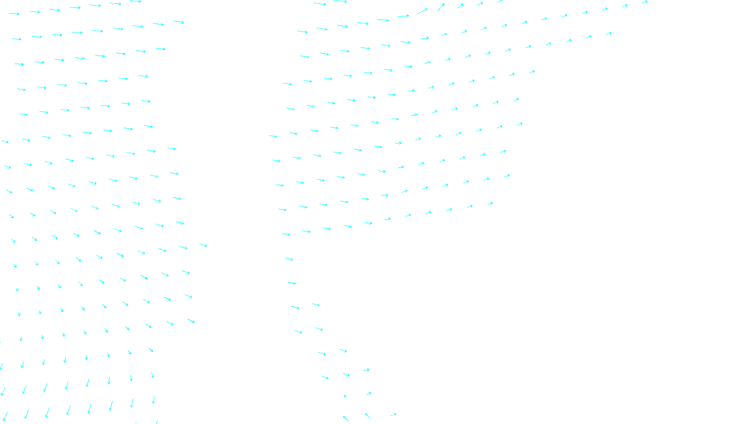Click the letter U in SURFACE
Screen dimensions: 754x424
[371, 416]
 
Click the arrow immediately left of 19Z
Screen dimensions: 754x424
[346, 418]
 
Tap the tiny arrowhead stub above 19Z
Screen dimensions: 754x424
[345, 396]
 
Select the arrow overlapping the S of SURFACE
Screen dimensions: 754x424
[367, 415]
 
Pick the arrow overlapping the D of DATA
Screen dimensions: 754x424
[394, 415]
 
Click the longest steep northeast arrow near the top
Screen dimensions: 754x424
[441, 7]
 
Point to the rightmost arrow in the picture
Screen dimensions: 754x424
[644, 2]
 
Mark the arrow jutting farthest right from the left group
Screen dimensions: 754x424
[203, 245]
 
